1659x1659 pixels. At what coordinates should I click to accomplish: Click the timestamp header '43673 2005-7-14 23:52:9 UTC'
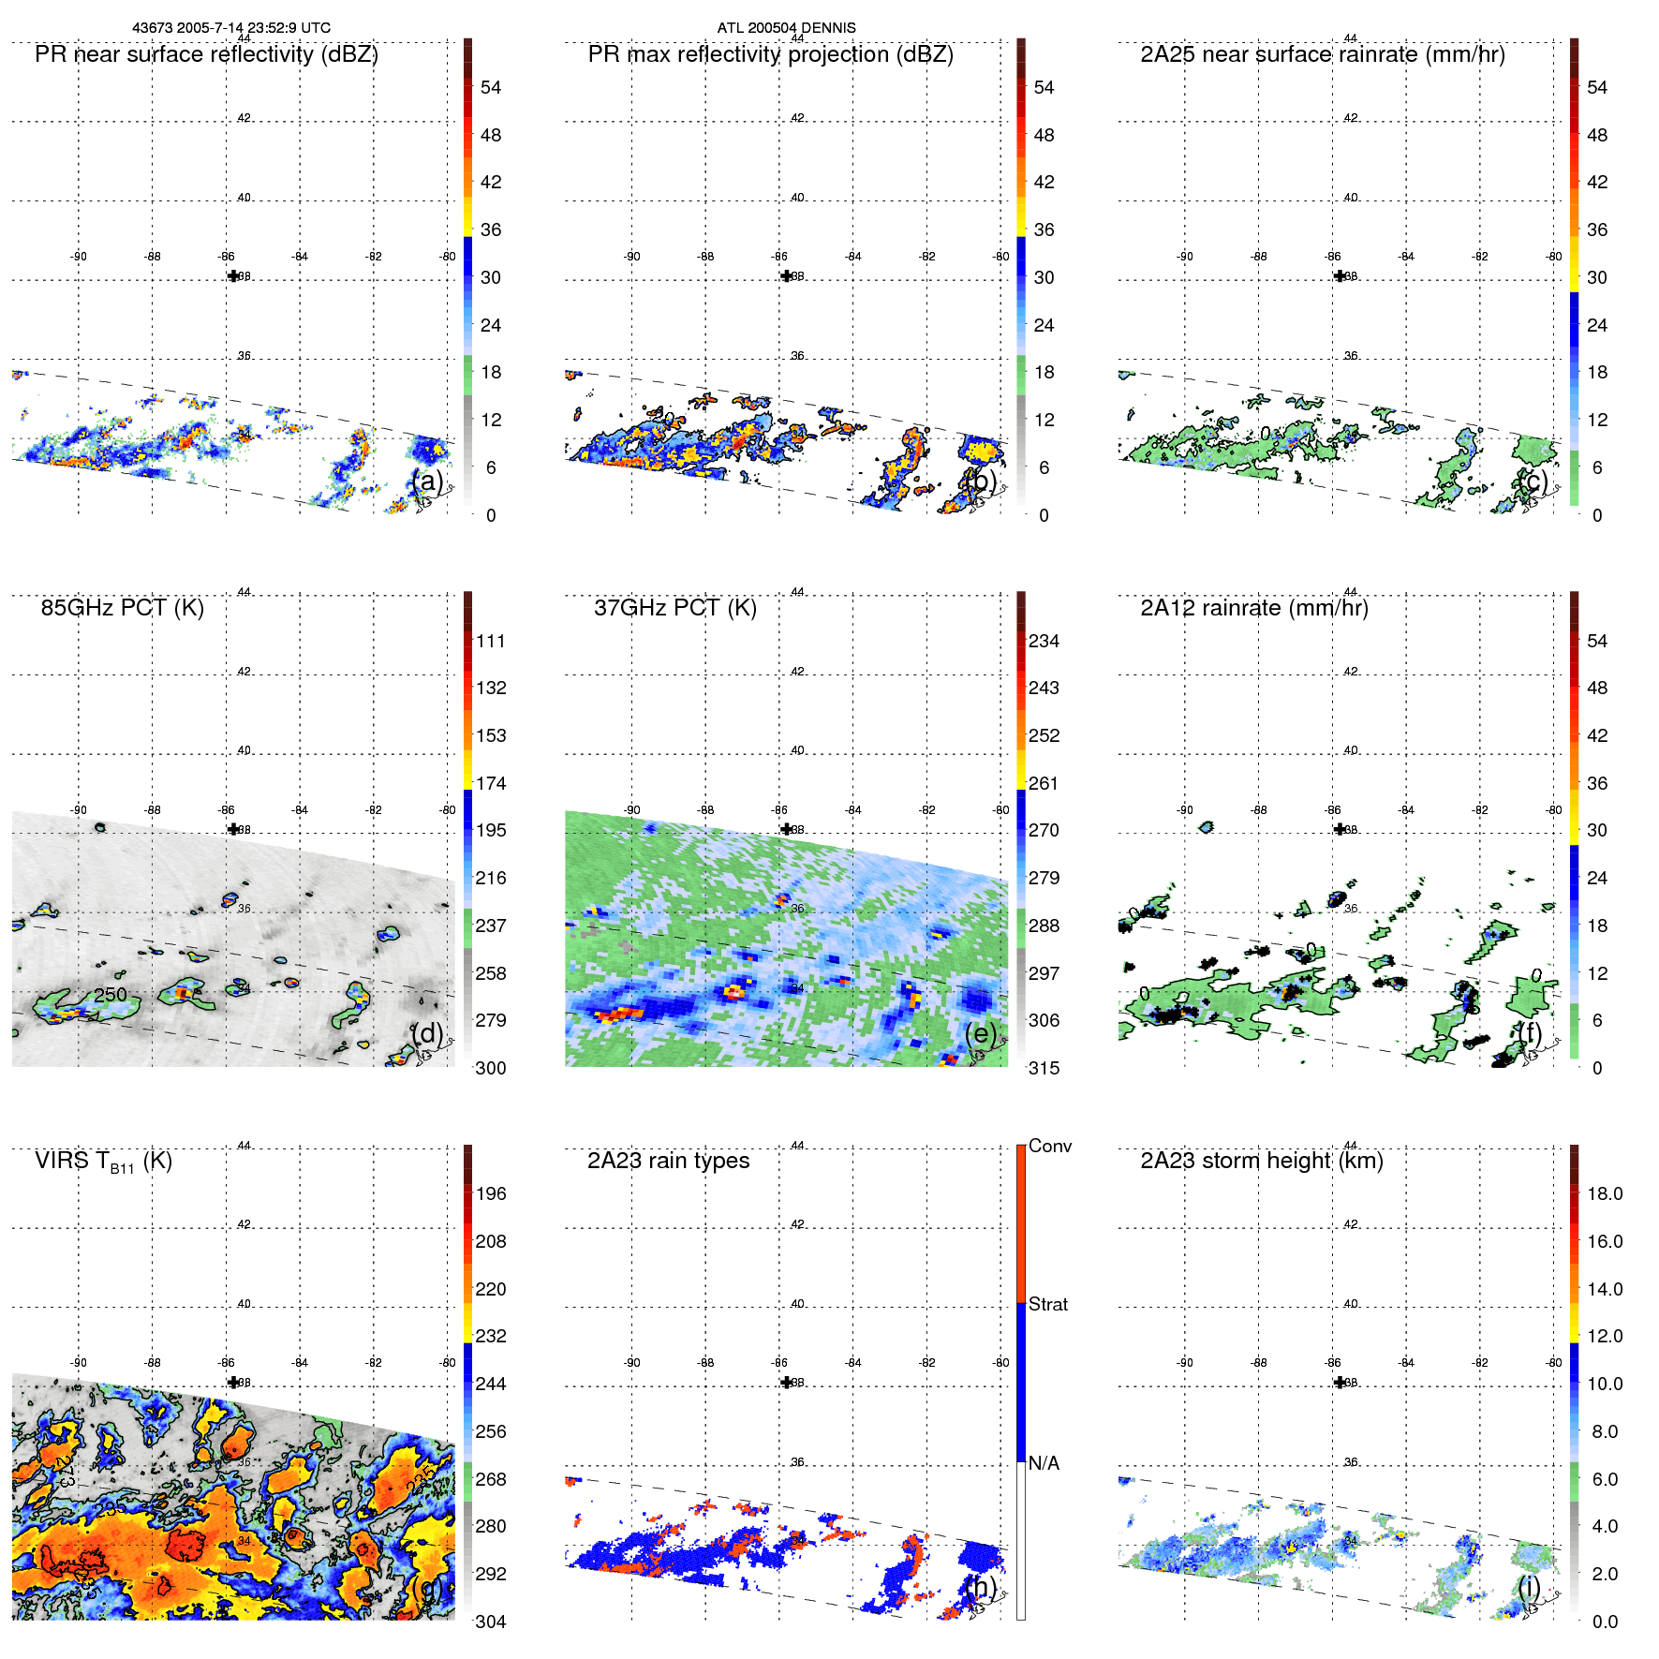(231, 28)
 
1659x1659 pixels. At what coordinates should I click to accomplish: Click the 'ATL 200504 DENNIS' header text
(786, 28)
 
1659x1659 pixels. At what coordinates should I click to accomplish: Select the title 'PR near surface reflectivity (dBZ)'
(206, 54)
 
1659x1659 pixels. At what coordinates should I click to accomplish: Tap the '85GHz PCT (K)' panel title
(122, 608)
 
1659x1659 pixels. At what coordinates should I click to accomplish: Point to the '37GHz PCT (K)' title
(674, 608)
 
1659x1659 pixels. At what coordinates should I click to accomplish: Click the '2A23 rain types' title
(668, 1161)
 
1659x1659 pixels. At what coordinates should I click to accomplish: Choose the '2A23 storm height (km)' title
(1261, 1161)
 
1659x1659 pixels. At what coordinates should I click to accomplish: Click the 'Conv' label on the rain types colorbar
(1049, 1146)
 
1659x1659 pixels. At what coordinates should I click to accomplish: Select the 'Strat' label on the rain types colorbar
(1047, 1304)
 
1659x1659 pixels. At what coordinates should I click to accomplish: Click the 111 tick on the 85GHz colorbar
(490, 641)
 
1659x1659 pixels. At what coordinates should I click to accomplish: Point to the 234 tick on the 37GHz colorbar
(1044, 641)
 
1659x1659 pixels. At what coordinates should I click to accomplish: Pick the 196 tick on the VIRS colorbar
(490, 1193)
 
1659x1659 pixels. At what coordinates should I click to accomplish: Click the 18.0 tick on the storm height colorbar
(1604, 1193)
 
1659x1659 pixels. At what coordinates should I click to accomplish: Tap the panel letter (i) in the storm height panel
(1529, 1586)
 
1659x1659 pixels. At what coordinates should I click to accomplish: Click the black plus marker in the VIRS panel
(233, 1383)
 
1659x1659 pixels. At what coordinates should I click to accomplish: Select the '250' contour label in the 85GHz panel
(110, 994)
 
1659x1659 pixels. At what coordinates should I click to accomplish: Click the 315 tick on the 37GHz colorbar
(1044, 1068)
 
